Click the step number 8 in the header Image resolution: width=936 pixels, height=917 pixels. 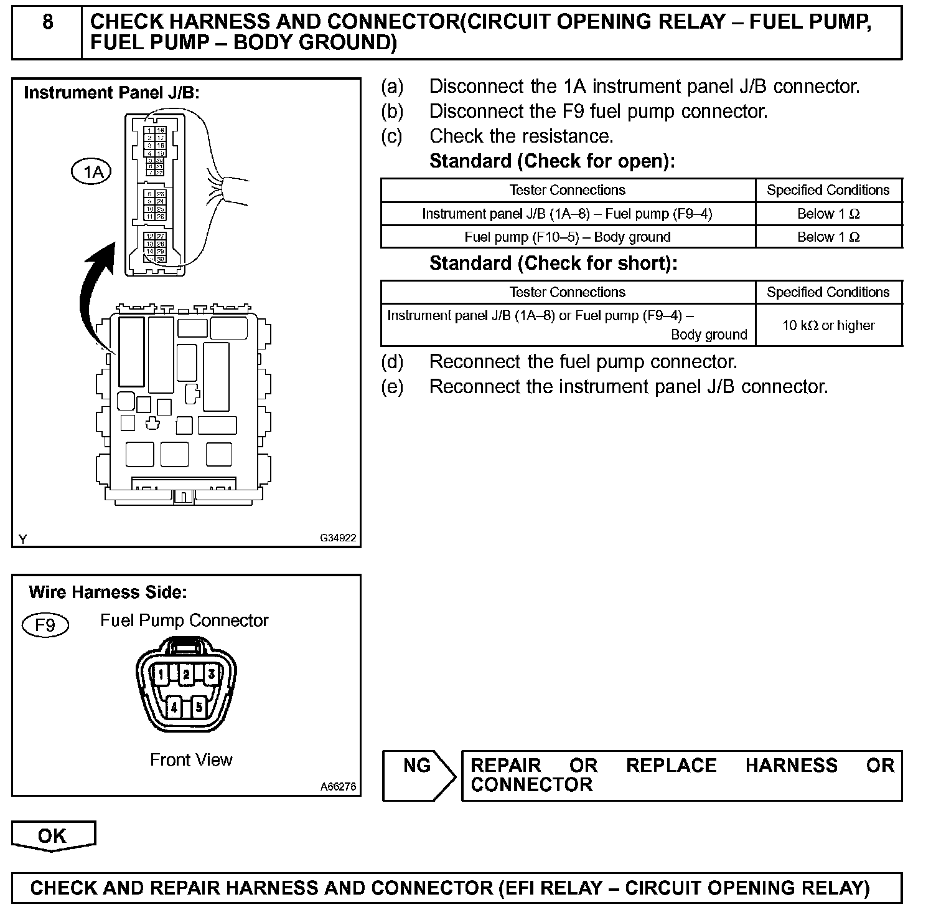pyautogui.click(x=47, y=23)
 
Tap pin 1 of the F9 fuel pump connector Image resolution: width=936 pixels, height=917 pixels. pyautogui.click(x=161, y=674)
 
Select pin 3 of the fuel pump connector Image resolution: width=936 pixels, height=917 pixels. pyautogui.click(x=212, y=674)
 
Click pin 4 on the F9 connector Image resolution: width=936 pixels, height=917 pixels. pyautogui.click(x=174, y=707)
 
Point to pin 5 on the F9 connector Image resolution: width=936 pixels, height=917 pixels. pyautogui.click(x=199, y=707)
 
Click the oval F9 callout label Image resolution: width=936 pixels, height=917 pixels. pyautogui.click(x=45, y=624)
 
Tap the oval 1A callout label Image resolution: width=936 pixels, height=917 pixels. pyautogui.click(x=91, y=171)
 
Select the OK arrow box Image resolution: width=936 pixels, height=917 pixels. pyautogui.click(x=53, y=836)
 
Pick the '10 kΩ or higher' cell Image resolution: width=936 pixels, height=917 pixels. pyautogui.click(x=828, y=325)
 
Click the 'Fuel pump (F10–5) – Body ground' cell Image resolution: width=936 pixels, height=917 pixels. pyautogui.click(x=568, y=237)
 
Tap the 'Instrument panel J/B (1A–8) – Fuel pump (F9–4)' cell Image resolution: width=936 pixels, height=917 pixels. pyautogui.click(x=568, y=214)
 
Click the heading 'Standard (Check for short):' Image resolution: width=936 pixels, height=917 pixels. pyautogui.click(x=553, y=264)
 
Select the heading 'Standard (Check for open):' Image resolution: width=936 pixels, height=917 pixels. pyautogui.click(x=552, y=161)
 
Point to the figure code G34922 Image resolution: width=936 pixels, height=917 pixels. pyautogui.click(x=338, y=538)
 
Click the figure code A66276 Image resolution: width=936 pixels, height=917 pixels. pyautogui.click(x=338, y=787)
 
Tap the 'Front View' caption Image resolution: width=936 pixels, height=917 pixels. pyautogui.click(x=191, y=760)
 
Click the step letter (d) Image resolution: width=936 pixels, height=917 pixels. pyautogui.click(x=392, y=362)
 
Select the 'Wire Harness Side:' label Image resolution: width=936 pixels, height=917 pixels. pyautogui.click(x=108, y=592)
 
